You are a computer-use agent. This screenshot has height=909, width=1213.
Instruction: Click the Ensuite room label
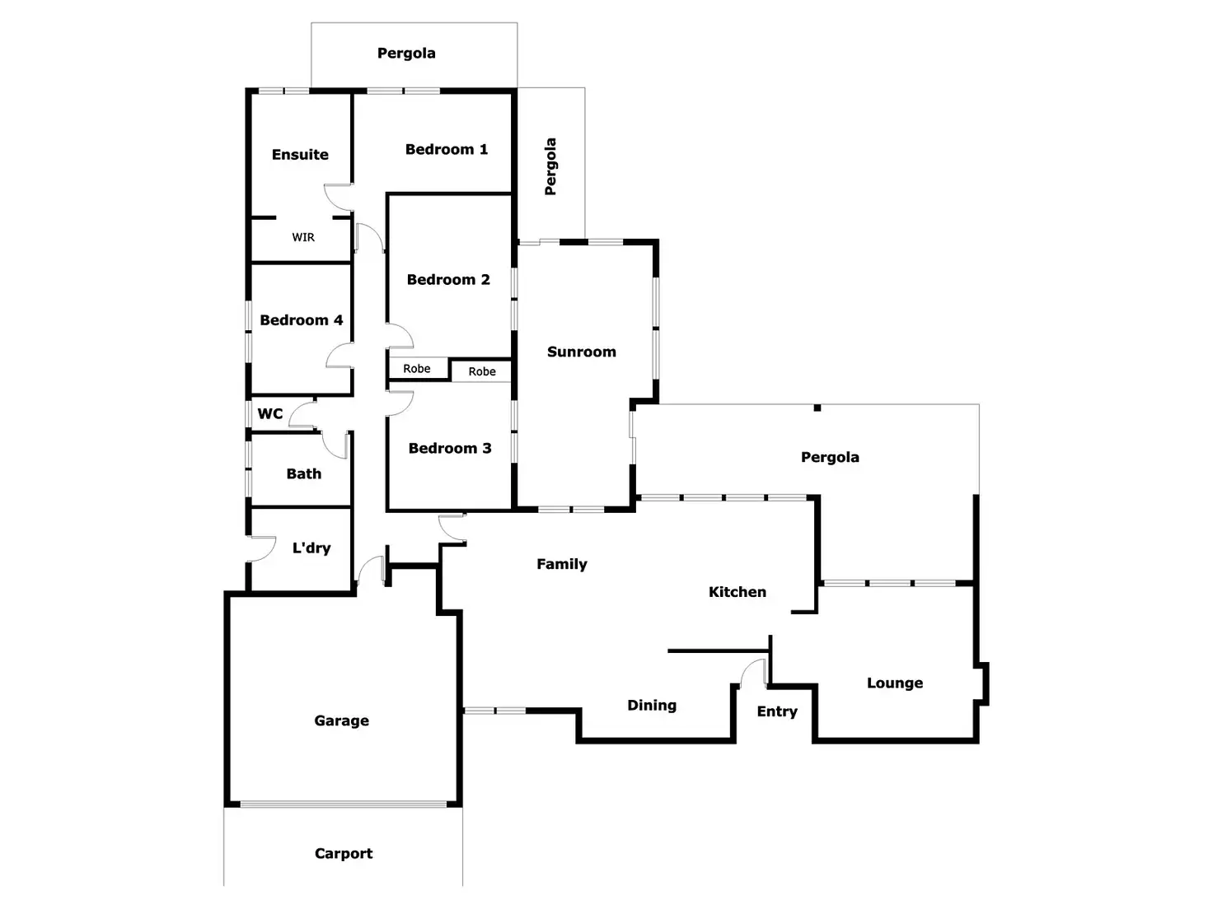(299, 155)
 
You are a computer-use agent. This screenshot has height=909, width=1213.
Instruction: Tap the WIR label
(303, 237)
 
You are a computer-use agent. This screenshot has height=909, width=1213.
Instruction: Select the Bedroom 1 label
(447, 149)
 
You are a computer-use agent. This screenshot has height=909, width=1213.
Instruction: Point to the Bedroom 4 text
(301, 320)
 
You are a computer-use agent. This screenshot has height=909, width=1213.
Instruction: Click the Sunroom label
(581, 352)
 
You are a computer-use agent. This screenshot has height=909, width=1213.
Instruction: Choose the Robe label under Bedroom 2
(417, 369)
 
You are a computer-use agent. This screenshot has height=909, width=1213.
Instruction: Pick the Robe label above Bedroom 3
(482, 371)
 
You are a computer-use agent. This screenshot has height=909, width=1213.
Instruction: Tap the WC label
(269, 413)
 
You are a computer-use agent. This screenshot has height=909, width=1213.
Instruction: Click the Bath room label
(303, 473)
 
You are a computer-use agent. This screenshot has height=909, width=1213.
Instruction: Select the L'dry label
(311, 548)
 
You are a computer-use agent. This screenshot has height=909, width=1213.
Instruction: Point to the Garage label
(341, 720)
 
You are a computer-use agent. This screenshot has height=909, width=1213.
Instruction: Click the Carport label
(344, 853)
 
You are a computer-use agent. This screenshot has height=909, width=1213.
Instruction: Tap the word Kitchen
(738, 592)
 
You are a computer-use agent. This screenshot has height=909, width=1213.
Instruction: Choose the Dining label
(652, 706)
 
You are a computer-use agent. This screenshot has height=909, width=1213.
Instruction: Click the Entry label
(777, 711)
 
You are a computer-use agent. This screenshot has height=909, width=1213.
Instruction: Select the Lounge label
(895, 683)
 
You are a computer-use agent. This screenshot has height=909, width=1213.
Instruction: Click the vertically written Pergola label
(550, 166)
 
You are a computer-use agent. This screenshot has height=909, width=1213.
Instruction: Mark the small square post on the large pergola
(817, 408)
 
